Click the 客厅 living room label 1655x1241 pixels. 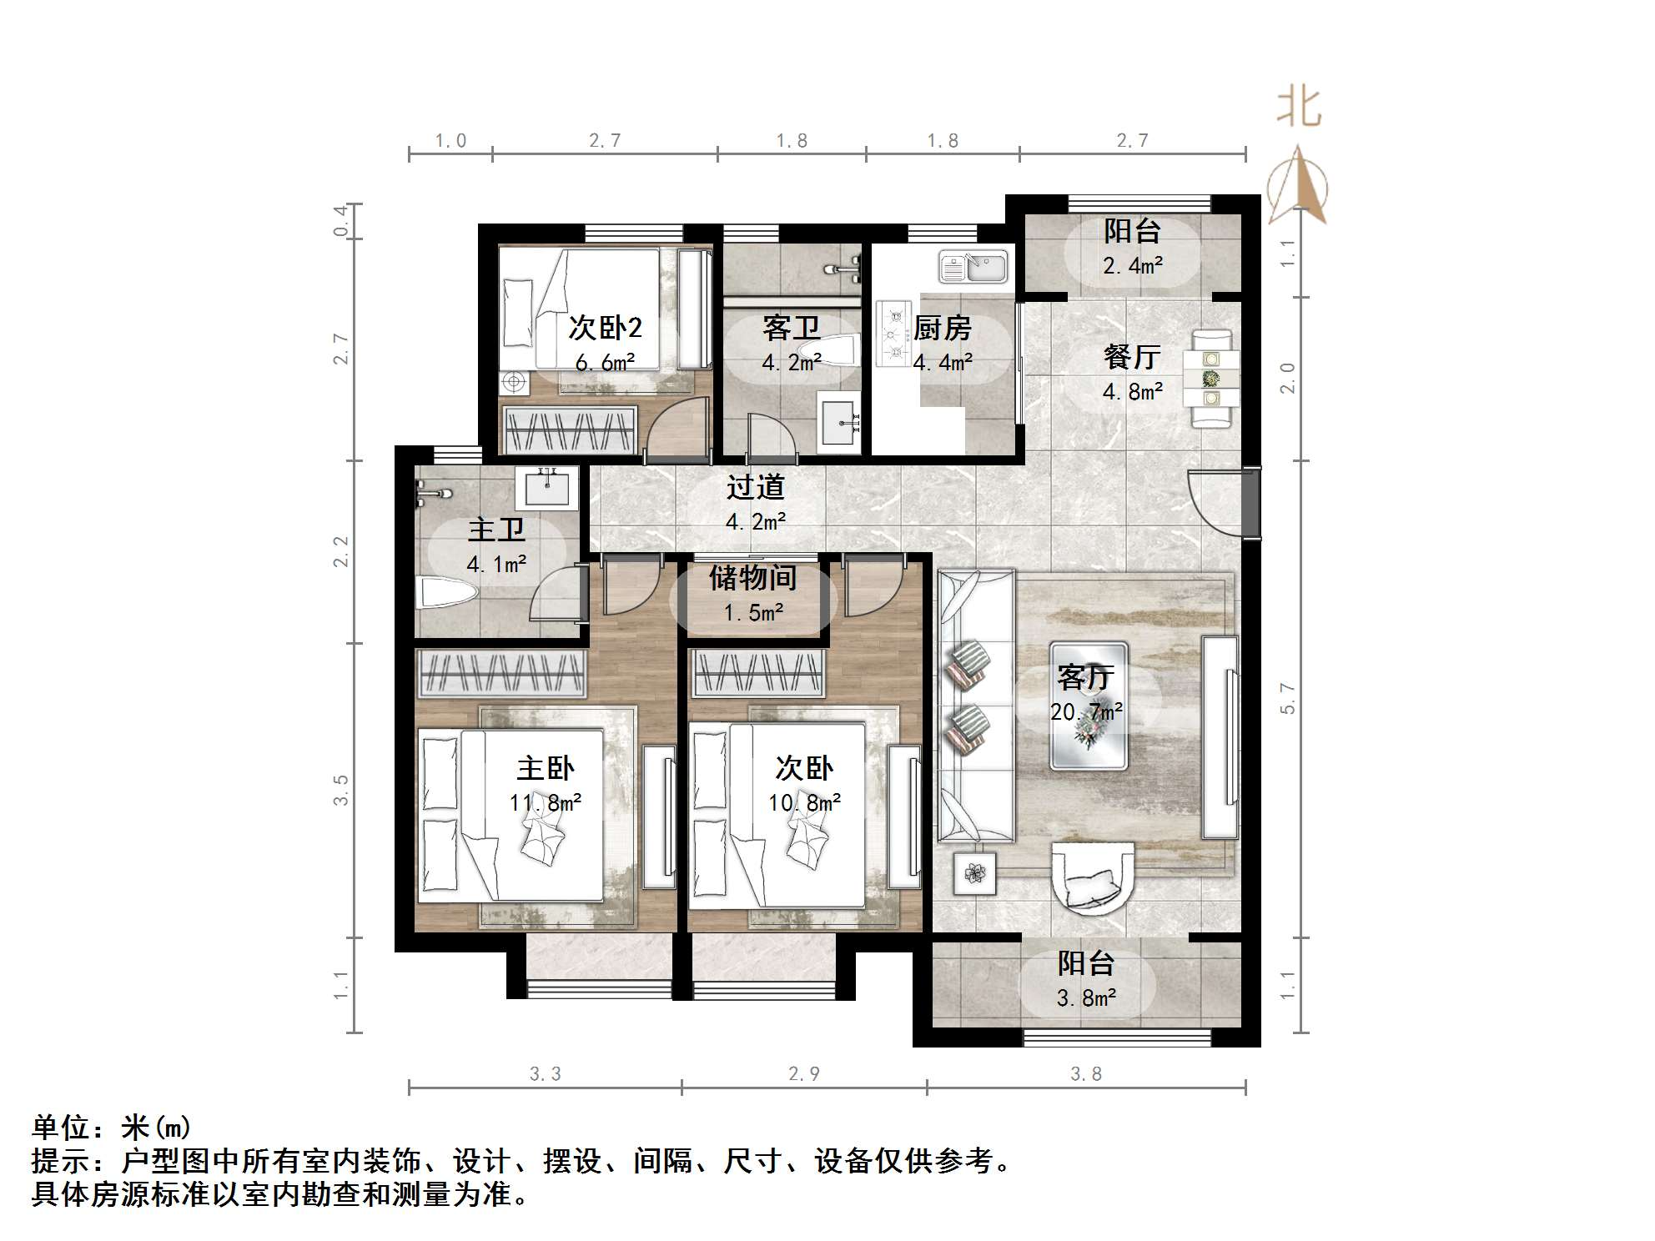[1084, 676]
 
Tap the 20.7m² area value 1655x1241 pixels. [1086, 712]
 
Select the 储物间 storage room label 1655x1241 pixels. [752, 577]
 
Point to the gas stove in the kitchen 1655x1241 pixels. [895, 334]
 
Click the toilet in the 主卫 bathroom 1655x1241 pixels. [446, 593]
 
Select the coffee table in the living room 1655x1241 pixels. [1089, 705]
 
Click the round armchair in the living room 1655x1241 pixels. [1093, 877]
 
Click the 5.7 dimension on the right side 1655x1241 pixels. [1287, 698]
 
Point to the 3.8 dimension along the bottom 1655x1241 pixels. [1085, 1074]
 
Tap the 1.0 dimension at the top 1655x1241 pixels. [450, 141]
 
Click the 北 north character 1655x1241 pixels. [1298, 108]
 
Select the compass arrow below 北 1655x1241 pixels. [1297, 186]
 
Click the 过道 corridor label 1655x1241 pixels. [755, 487]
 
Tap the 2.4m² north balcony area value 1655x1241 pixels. [1132, 266]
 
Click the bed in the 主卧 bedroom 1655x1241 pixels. [511, 815]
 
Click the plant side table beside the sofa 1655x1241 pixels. [975, 873]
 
